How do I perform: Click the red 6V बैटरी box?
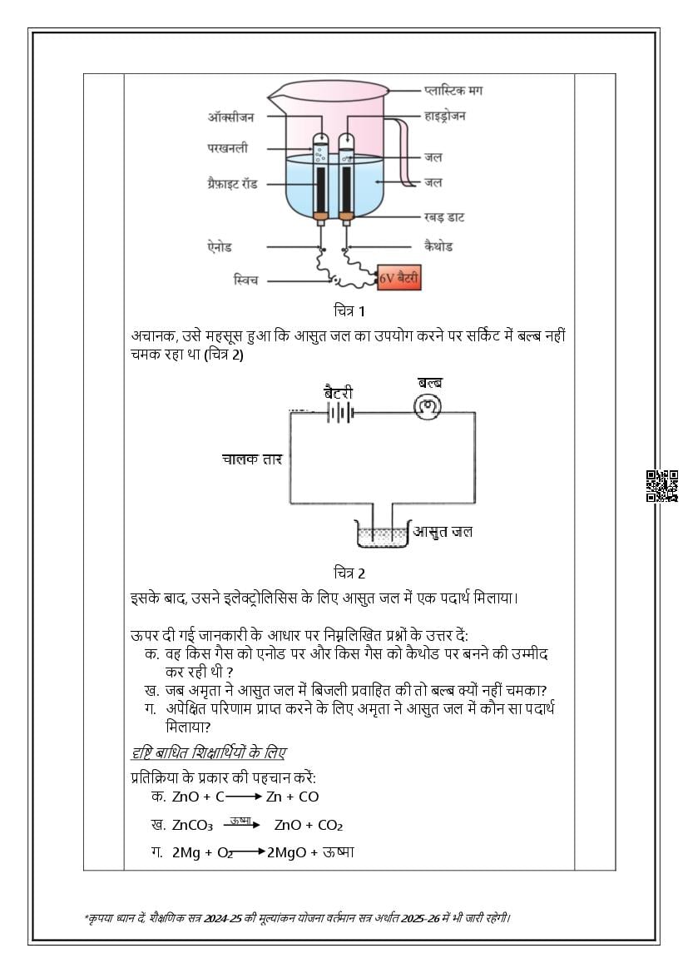[399, 278]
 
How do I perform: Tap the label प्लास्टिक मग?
[453, 90]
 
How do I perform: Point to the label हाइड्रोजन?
[444, 117]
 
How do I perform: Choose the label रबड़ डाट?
[444, 217]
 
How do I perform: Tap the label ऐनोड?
[220, 247]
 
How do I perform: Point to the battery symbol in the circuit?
[339, 413]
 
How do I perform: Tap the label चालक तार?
[252, 459]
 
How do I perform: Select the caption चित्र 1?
[349, 311]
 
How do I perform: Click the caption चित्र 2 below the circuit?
[349, 573]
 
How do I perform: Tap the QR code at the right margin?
[662, 486]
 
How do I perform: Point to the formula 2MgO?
[286, 852]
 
